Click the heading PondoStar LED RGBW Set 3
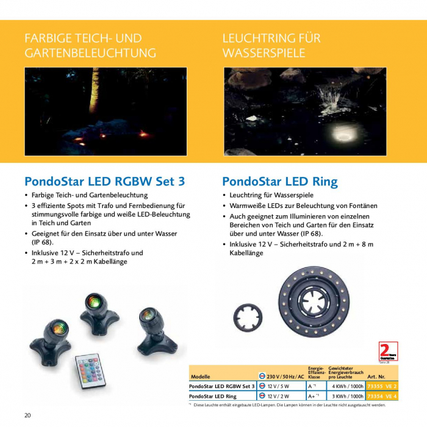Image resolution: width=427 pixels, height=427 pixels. [x=104, y=181]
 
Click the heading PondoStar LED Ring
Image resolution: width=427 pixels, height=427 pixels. [x=279, y=181]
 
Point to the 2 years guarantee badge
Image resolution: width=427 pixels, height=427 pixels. [x=388, y=352]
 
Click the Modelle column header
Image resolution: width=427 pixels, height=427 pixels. [x=201, y=376]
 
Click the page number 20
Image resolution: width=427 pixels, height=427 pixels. [x=28, y=415]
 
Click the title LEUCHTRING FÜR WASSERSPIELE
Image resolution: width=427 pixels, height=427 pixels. [x=271, y=46]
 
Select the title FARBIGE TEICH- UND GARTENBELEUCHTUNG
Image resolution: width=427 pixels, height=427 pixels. [x=90, y=46]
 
